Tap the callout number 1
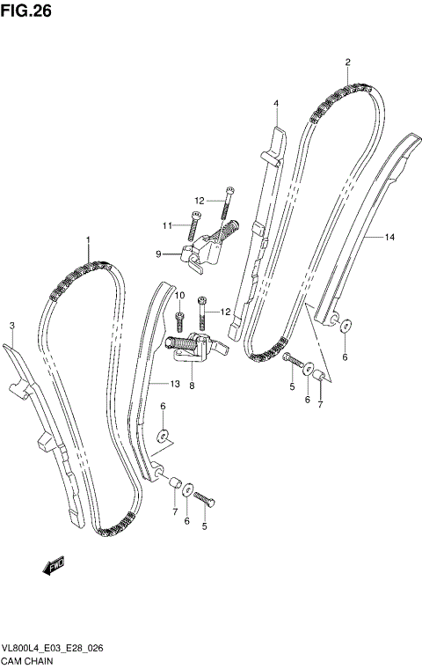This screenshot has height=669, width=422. [88, 240]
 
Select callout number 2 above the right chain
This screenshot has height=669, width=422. [347, 62]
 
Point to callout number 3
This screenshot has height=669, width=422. [12, 327]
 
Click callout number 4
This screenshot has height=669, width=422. [275, 104]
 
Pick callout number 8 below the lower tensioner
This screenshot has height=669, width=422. [193, 384]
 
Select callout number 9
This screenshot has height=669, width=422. [158, 254]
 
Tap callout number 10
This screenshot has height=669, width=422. [180, 295]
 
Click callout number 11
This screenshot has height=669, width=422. [165, 225]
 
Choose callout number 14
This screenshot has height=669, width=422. [389, 238]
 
